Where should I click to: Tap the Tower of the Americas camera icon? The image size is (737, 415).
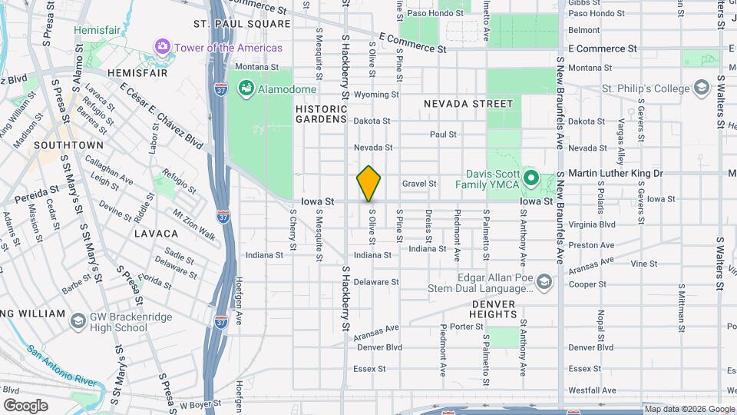coord(162,48)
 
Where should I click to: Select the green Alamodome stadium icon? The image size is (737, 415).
coord(246,89)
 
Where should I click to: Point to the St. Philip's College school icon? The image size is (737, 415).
coord(700,88)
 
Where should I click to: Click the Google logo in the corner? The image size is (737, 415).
coord(25,405)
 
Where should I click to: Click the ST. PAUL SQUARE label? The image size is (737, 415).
coord(242,24)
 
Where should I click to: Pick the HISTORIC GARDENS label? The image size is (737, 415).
coord(322,114)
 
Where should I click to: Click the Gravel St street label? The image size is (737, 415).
coord(419,184)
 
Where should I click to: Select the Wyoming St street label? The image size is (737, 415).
coord(376,95)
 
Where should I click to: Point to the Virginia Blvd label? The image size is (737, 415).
coord(592,224)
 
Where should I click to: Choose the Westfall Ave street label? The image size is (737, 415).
coord(592,390)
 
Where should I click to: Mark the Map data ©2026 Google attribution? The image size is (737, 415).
coord(689,409)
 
